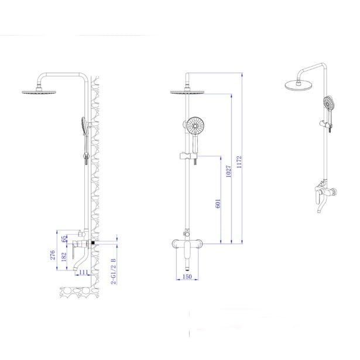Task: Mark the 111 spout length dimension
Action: point(83,273)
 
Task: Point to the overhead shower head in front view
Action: point(188,91)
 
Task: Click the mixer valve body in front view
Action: point(188,246)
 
